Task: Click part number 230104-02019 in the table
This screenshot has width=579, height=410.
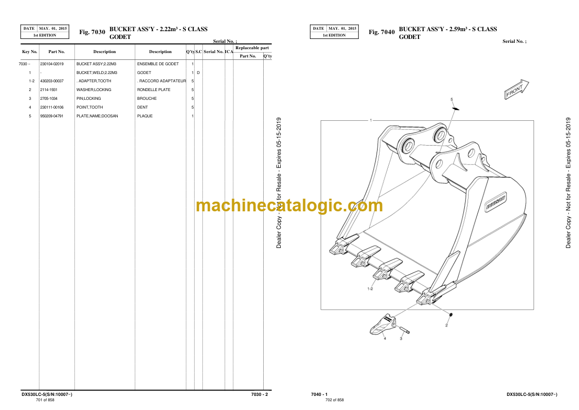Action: pos(52,64)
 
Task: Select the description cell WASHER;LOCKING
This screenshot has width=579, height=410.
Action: pos(94,90)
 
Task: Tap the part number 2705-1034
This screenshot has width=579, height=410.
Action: pos(49,99)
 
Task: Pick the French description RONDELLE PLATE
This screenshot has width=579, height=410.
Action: pos(154,90)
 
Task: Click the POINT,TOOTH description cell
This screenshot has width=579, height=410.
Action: pos(90,107)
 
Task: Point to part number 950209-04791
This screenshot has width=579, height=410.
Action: pos(52,116)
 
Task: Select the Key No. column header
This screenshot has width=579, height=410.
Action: pos(30,52)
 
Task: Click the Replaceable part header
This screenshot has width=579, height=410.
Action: pos(252,48)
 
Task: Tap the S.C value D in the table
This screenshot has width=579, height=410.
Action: pos(199,73)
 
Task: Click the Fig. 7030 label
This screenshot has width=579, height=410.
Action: pos(92,32)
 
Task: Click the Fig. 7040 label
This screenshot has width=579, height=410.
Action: pos(381,32)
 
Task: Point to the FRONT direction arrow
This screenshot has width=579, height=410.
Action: pos(516,89)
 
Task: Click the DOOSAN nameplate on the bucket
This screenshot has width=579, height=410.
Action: pos(495,202)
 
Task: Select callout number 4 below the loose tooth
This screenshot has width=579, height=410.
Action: pos(385,338)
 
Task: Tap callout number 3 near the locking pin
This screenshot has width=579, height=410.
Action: pos(401,338)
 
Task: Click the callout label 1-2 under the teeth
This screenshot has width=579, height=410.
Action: pos(370,289)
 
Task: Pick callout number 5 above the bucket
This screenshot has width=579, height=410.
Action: pos(451,99)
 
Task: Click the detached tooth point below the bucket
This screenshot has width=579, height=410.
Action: pos(382,325)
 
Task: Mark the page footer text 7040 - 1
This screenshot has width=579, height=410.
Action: pos(319,394)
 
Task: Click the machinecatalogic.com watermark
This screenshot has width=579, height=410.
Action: pos(289,205)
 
